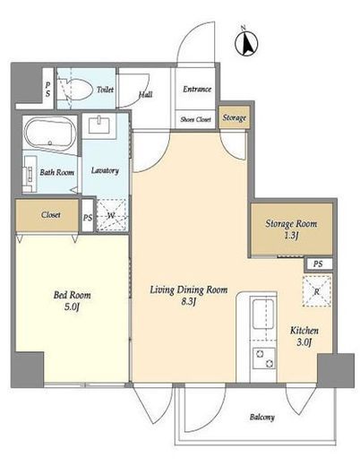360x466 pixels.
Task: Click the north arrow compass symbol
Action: [x=246, y=44]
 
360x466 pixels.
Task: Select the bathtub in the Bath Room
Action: [x=50, y=133]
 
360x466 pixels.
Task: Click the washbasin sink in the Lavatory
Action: [x=99, y=125]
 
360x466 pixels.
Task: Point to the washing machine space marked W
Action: [x=112, y=214]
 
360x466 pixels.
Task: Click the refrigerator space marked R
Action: [x=317, y=291]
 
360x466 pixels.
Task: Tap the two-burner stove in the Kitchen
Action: [x=264, y=358]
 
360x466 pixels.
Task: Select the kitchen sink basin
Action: [x=263, y=314]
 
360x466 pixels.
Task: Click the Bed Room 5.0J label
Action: [x=72, y=300]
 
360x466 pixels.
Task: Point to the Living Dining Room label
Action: [x=189, y=295]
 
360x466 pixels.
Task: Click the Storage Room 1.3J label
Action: [x=291, y=229]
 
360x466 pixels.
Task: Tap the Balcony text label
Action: [x=262, y=417]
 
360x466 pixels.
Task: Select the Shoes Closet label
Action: [x=195, y=119]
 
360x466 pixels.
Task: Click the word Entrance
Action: [x=197, y=89]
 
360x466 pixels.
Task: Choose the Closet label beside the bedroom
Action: [x=51, y=214]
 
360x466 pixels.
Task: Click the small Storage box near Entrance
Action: [x=235, y=117]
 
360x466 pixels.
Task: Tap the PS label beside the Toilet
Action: [x=47, y=90]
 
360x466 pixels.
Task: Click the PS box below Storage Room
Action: [x=318, y=264]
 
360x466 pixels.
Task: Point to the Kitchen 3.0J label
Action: [x=304, y=336]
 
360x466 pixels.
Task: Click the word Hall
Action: [x=145, y=94]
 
